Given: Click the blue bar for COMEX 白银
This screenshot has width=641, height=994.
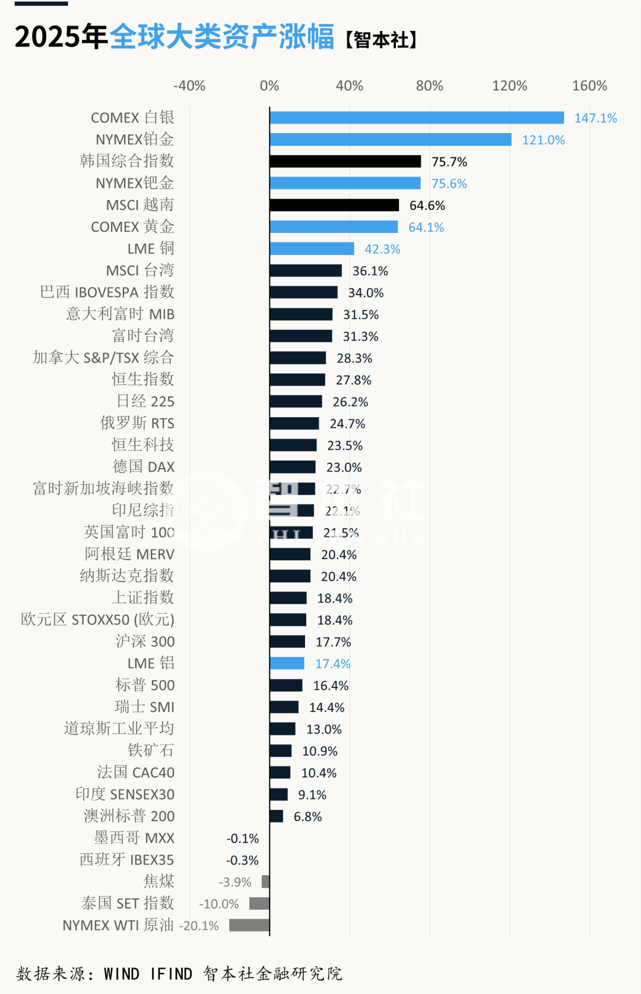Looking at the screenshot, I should click(x=417, y=118).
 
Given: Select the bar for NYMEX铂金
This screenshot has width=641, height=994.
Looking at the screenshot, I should click(x=391, y=140).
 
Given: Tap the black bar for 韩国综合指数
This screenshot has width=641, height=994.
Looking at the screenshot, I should click(x=345, y=162).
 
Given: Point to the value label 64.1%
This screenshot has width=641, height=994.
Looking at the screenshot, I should click(x=426, y=227).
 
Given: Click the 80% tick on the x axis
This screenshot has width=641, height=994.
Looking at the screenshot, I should click(x=429, y=86).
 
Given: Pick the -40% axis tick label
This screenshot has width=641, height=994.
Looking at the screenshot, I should click(x=189, y=86).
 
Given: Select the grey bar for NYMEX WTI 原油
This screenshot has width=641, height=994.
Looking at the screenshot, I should click(x=249, y=925).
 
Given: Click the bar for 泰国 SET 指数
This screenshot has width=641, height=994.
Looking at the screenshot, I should click(x=259, y=904).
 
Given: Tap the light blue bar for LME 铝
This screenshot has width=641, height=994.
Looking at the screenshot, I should click(x=287, y=664).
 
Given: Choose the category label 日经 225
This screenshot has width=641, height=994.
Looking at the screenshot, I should click(x=145, y=402).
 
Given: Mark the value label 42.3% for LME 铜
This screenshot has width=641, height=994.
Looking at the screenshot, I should click(x=382, y=249).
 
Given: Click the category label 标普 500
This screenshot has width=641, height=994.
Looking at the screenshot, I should click(x=145, y=685).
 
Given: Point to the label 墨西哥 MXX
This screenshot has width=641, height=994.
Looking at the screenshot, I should click(x=135, y=838).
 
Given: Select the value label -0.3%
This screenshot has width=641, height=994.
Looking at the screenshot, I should click(x=242, y=860).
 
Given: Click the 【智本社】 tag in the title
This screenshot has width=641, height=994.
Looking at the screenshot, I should click(x=382, y=40).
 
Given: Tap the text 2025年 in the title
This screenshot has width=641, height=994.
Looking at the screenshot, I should click(x=61, y=37).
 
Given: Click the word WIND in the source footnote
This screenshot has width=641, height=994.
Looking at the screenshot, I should click(x=121, y=974).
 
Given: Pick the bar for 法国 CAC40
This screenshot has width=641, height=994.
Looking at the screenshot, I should click(x=280, y=772).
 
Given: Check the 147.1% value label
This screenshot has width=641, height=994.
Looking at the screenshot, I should click(x=595, y=118).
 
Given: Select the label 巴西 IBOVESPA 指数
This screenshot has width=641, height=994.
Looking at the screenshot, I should click(x=107, y=292).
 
